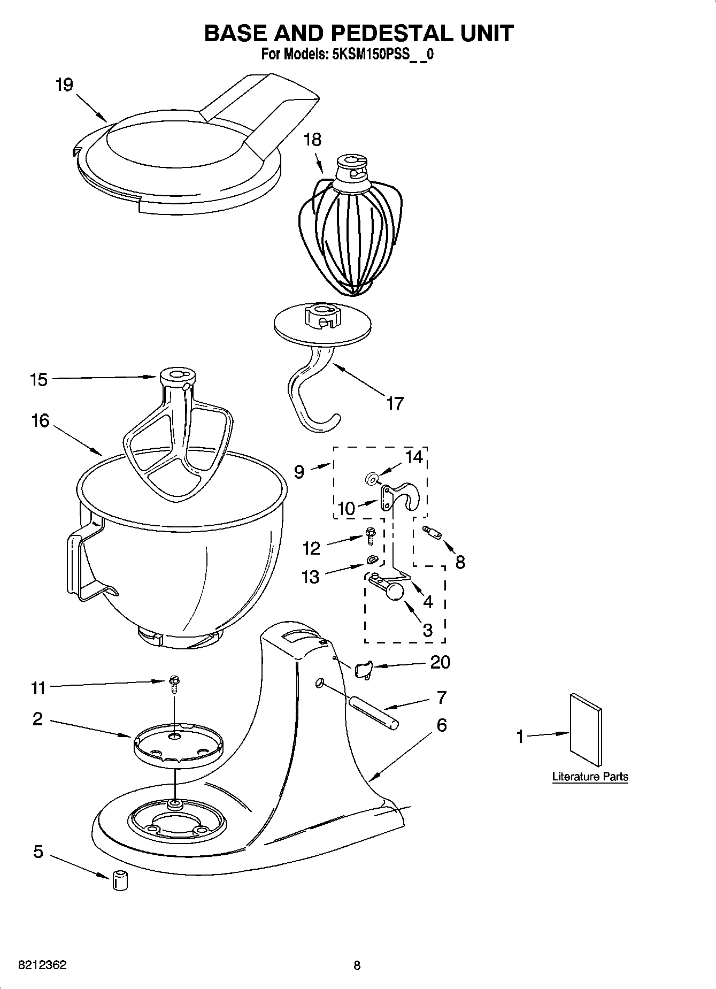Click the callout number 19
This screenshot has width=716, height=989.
click(64, 85)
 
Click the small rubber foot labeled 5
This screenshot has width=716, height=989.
click(120, 880)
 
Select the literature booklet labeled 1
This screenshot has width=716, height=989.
click(587, 730)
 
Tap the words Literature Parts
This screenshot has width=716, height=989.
click(590, 776)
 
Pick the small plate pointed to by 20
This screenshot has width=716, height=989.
click(362, 669)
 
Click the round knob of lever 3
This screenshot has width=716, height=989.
click(395, 592)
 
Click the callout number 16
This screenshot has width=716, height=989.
click(40, 421)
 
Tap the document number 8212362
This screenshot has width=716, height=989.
click(42, 965)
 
